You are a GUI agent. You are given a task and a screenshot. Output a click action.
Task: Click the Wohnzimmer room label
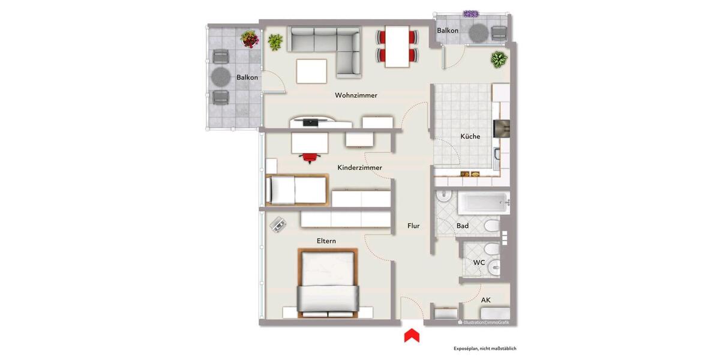tap(356, 95)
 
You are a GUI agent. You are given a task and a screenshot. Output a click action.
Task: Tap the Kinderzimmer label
tap(359, 167)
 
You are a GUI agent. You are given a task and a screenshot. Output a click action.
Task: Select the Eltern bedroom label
tap(326, 241)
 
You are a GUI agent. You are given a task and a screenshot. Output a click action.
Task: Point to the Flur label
tap(413, 226)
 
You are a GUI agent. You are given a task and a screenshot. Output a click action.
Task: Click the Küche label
tap(470, 136)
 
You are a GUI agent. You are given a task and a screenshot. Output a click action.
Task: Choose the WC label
tap(479, 263)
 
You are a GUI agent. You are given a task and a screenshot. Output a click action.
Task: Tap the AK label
tap(486, 299)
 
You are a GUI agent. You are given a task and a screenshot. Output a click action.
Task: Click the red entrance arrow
tap(411, 335)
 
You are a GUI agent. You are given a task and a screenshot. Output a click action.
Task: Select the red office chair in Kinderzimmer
tap(310, 157)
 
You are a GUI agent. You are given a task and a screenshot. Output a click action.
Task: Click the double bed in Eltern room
tap(328, 283)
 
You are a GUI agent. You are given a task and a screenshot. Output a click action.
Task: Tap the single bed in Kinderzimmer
tap(296, 190)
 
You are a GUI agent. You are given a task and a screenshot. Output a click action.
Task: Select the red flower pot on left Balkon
tap(250, 40)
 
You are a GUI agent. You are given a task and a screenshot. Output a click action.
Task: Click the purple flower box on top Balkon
tap(472, 14)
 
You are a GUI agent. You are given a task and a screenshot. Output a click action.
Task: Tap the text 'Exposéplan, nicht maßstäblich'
tap(485, 349)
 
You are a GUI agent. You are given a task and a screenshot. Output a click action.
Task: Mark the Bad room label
tap(462, 226)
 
